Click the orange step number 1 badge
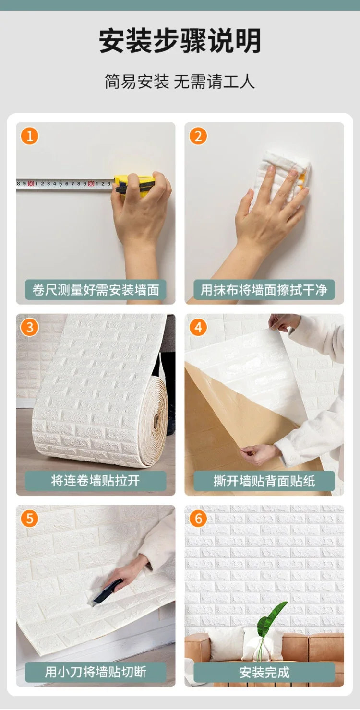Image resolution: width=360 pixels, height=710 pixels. (x=29, y=136)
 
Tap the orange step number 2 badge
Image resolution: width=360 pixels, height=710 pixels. (x=198, y=136)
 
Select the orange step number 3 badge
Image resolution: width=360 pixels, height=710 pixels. (x=29, y=328)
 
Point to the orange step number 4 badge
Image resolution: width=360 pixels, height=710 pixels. (x=198, y=328)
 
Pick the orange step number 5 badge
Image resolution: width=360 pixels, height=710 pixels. (x=29, y=519)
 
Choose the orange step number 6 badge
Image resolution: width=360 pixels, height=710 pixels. (x=198, y=519)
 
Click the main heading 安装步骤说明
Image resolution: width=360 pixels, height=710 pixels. (x=180, y=41)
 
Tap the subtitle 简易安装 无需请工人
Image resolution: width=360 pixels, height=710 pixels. (x=180, y=82)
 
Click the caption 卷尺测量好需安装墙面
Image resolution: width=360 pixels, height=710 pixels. (x=96, y=290)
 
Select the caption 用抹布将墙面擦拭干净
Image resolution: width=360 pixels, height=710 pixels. (x=264, y=290)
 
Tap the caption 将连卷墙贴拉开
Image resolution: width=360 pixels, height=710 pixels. (x=96, y=481)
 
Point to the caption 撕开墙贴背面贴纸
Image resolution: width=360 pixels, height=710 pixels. (x=264, y=481)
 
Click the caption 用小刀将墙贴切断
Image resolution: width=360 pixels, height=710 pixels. (x=96, y=672)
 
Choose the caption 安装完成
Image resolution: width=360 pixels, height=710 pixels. (x=264, y=672)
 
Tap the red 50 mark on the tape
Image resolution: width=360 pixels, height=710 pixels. (x=31, y=184)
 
